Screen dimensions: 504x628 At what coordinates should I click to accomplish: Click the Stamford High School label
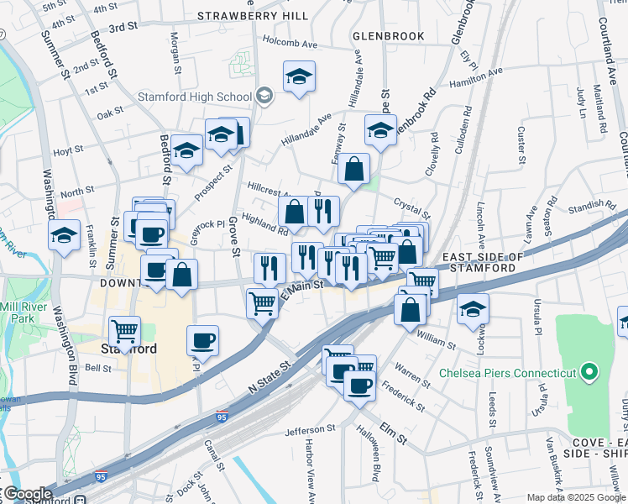pos(211,97)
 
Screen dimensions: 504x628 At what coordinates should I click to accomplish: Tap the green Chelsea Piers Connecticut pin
pos(590,372)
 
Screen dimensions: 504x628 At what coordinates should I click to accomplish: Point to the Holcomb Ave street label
pos(290,42)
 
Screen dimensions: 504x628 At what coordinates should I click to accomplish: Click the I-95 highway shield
pos(222,416)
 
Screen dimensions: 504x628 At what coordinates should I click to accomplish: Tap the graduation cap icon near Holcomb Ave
pos(299,78)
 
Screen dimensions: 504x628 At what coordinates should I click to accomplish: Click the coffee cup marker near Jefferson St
pos(359,386)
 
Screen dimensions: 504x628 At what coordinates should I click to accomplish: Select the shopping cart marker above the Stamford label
pos(125,330)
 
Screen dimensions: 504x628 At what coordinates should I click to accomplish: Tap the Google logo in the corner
pos(27,494)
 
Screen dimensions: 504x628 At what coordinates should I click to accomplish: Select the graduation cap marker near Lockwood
pos(474,308)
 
